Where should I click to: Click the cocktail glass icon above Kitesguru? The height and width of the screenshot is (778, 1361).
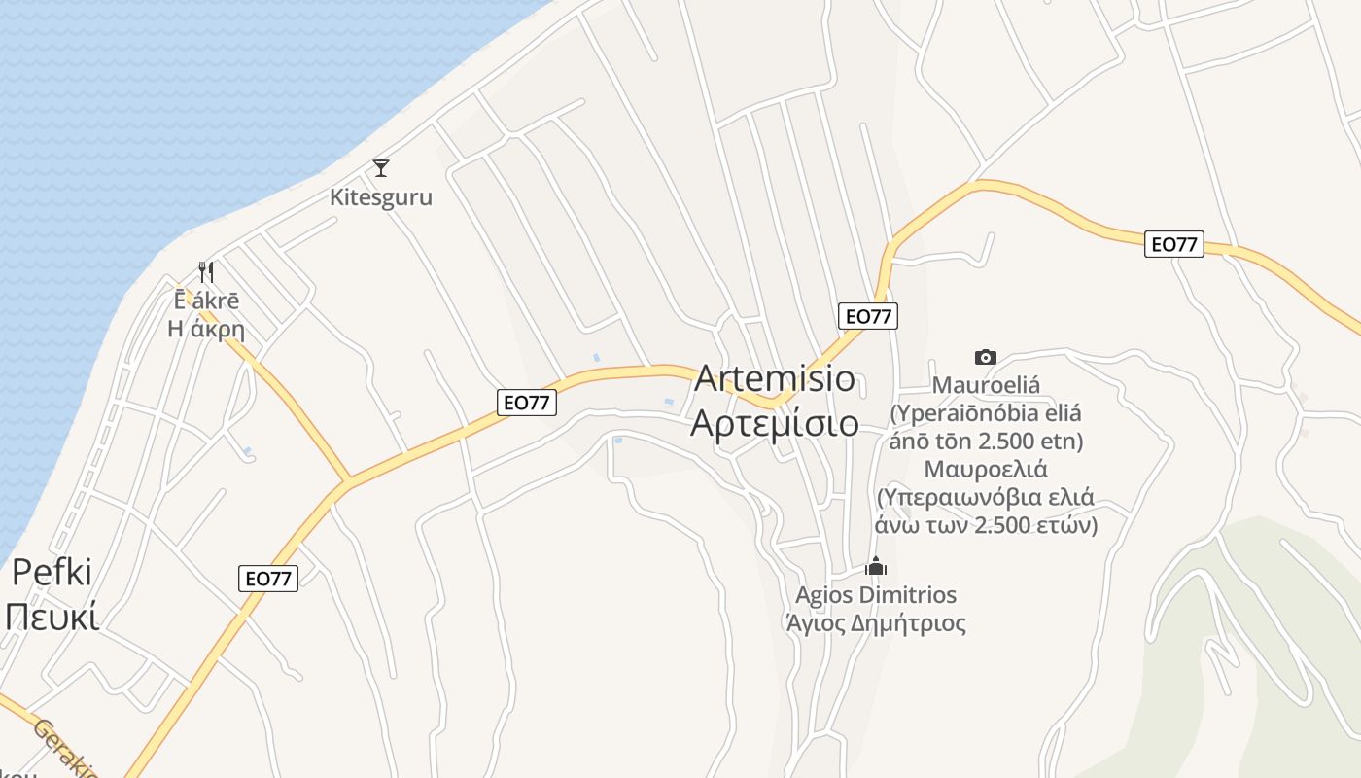coord(381,168)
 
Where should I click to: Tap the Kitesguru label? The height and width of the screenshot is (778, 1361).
coord(381,196)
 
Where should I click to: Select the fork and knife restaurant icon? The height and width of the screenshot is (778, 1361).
coord(206,271)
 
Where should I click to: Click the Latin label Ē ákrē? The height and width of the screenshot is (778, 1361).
coord(206,301)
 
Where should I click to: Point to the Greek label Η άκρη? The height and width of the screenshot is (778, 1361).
coord(206,329)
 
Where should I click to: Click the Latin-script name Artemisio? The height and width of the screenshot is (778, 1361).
coord(775,378)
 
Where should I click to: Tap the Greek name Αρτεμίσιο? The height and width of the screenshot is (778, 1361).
coord(775,423)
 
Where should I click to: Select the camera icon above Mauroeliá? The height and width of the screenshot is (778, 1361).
coord(986,357)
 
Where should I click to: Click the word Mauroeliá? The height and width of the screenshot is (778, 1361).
coord(986,385)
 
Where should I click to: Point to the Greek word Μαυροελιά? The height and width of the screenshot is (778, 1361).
coord(986,469)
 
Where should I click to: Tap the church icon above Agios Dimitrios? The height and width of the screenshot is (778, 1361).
coord(876,565)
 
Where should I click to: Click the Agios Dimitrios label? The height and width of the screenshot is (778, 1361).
coord(876,594)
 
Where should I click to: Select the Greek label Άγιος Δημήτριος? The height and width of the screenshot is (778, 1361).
coord(876,622)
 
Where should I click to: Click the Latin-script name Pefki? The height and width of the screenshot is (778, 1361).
coord(52,572)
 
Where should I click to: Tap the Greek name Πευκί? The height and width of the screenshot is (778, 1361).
coord(52,617)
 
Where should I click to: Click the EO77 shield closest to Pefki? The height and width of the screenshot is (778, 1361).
coord(267,579)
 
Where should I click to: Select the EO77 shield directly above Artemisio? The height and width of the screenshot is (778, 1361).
coord(868,316)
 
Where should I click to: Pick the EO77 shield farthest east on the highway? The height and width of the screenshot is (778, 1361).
coord(1174,244)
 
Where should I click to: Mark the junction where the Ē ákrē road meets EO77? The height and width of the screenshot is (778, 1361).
coord(348,480)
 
